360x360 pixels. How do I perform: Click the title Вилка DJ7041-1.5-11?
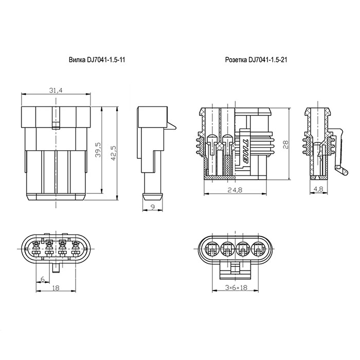coord(97,60)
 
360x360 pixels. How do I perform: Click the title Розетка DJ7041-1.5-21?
coord(256,60)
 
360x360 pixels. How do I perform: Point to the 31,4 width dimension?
coord(56,91)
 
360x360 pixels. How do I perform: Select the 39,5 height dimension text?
coord(98,150)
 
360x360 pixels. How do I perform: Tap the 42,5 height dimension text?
coord(114,153)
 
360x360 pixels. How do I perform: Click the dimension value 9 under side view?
coord(153,207)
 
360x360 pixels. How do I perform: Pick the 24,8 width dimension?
coord(235,190)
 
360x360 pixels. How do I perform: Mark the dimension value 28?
coord(285,145)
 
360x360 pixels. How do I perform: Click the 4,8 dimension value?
coord(318,189)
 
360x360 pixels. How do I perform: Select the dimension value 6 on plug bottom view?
coord(43,279)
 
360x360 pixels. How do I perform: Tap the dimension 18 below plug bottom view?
coord(56,287)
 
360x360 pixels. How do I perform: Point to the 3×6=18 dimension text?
coord(236,287)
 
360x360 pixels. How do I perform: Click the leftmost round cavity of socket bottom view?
coord(212,248)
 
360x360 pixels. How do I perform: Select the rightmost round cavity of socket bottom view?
coord(259,248)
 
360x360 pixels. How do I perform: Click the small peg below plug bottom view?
coord(56,268)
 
